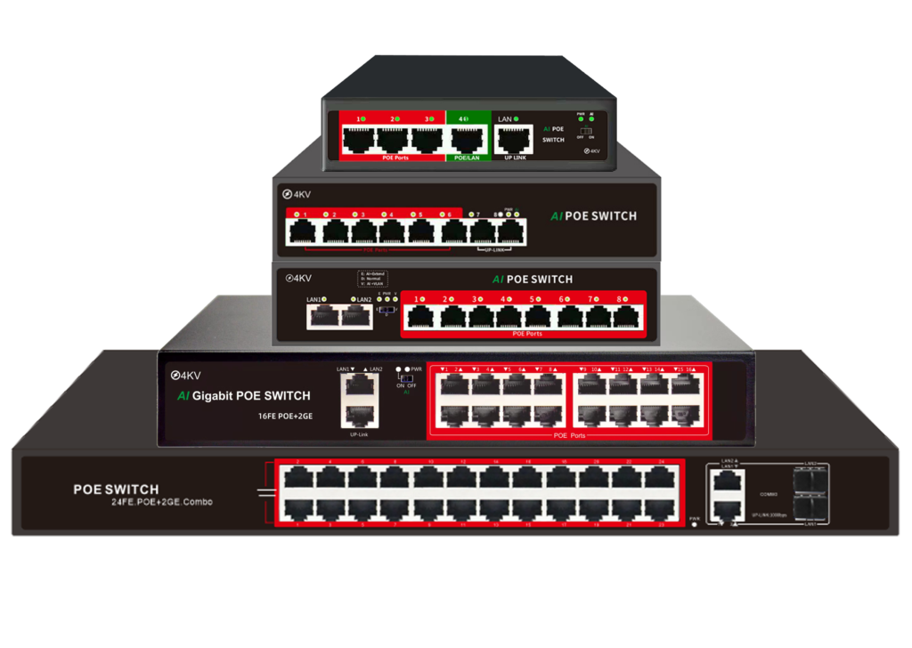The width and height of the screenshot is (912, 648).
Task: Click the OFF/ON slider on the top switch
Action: pyautogui.click(x=586, y=132)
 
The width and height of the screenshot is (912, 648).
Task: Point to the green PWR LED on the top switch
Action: pyautogui.click(x=581, y=118)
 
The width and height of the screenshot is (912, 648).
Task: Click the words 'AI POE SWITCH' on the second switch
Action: pyautogui.click(x=593, y=215)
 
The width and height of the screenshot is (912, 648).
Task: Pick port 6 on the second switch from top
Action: pyautogui.click(x=455, y=231)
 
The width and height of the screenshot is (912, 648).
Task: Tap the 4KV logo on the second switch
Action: pyautogui.click(x=299, y=194)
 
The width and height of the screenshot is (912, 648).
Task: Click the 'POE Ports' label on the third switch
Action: pyautogui.click(x=527, y=334)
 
